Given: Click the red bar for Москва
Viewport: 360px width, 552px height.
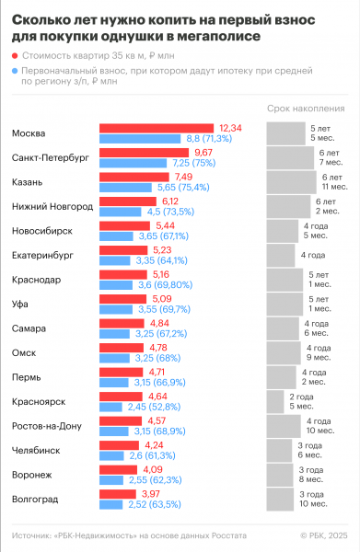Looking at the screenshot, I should click(x=157, y=128).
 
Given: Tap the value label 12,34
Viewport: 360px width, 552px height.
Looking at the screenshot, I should click(x=230, y=128).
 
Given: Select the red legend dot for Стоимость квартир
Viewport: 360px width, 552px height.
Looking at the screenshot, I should click(x=15, y=57).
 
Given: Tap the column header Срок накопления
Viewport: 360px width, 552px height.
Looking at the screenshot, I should click(x=306, y=108).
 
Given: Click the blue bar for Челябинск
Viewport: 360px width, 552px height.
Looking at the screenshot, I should click(x=120, y=454).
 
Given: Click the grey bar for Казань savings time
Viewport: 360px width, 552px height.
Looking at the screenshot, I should click(x=296, y=181).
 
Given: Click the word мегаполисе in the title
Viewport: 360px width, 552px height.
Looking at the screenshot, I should click(x=219, y=37).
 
